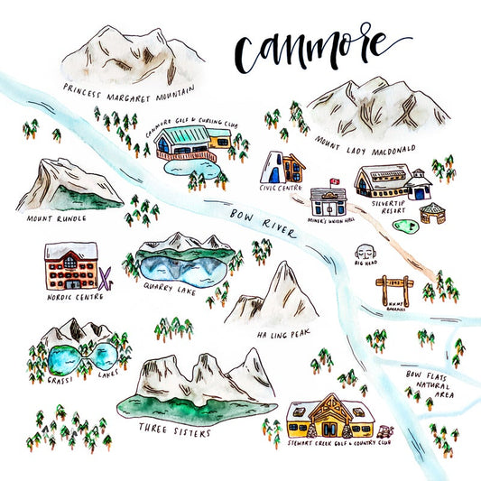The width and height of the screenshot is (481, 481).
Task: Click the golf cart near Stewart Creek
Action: click(389, 434)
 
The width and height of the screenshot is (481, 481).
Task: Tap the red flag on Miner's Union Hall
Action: click(334, 180)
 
